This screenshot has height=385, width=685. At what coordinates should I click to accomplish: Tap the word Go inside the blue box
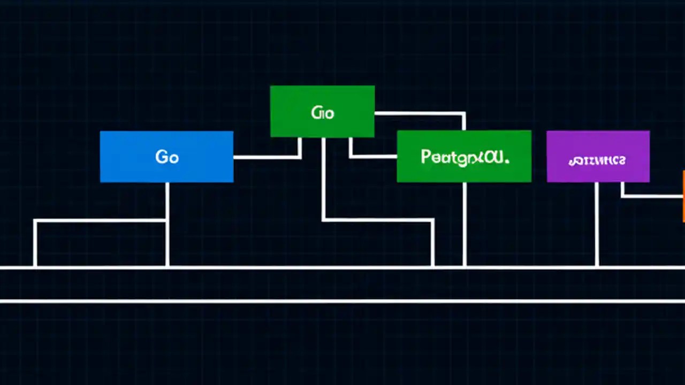pos(166,157)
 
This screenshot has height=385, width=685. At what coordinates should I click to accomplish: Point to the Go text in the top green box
pos(322,113)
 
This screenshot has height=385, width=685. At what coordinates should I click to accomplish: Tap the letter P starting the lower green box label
pos(426,157)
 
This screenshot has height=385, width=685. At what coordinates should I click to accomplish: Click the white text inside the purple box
pos(597,160)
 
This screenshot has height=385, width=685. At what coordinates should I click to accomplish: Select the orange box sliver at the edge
pos(683,196)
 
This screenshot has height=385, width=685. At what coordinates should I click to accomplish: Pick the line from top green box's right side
pos(420,113)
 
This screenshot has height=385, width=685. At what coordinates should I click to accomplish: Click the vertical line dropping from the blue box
pos(168,225)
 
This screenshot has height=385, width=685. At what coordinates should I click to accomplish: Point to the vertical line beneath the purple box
pos(597,225)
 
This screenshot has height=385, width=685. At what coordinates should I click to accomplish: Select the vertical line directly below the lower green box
pos(464,225)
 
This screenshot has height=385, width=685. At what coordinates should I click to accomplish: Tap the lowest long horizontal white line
pos(342,301)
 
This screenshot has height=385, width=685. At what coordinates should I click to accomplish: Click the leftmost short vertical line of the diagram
pos(35,243)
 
